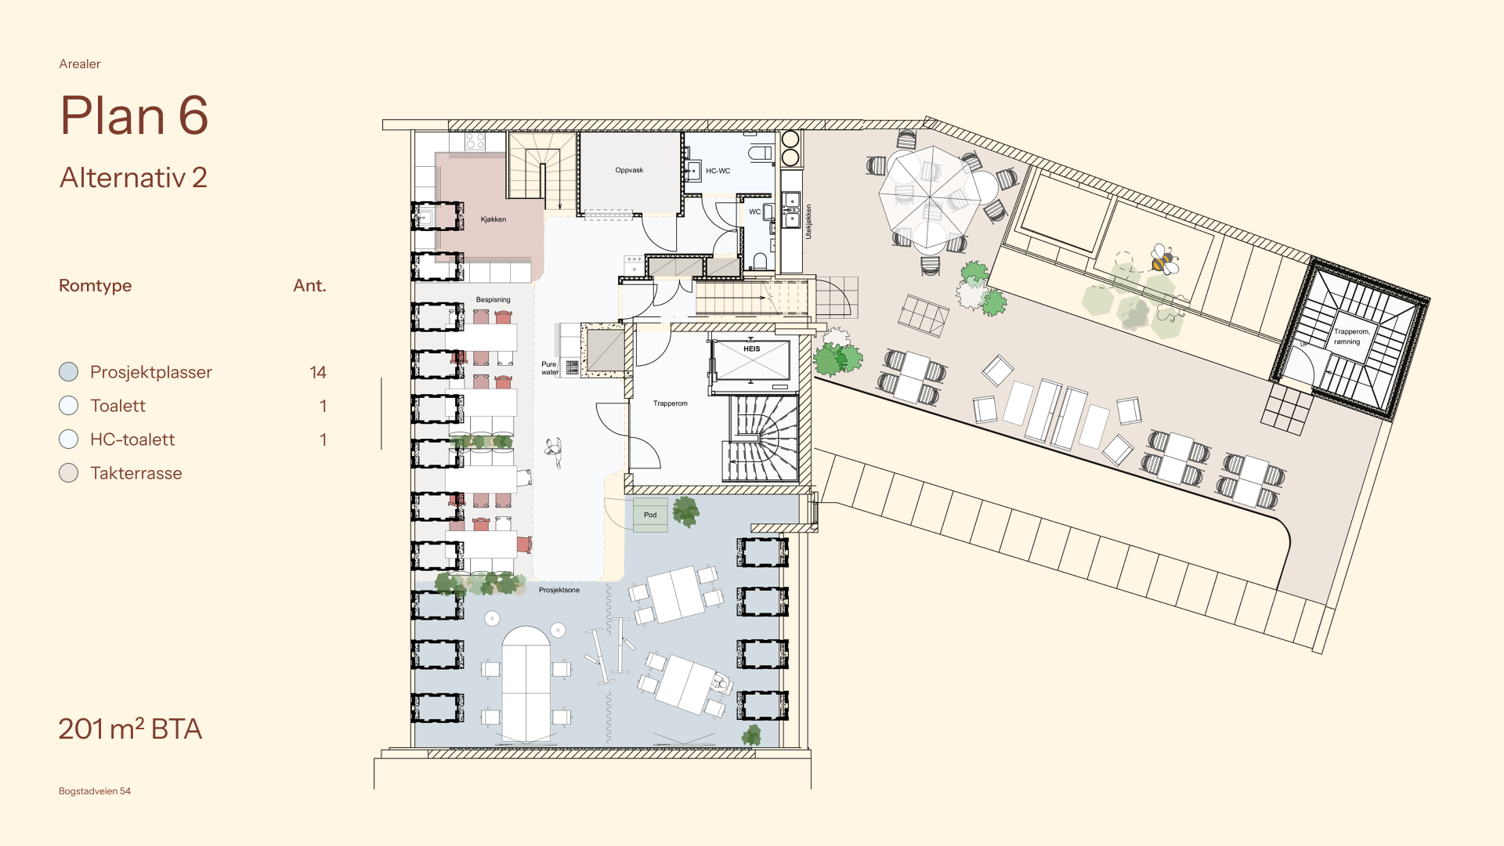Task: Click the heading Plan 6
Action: [134, 115]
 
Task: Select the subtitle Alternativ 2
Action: [133, 178]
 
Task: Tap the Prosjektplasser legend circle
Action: [69, 372]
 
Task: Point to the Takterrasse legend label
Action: [136, 473]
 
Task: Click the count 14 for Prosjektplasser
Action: [317, 372]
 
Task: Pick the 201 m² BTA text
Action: [130, 728]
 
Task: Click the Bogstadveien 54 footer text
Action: [95, 791]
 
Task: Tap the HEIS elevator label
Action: [752, 349]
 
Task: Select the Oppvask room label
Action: [629, 170]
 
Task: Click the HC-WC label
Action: [718, 171]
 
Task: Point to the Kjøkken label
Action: [493, 219]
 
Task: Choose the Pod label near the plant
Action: [650, 515]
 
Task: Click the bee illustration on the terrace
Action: [1164, 259]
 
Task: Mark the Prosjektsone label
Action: [559, 590]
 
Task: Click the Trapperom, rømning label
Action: [1351, 337]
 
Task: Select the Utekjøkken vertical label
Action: [808, 222]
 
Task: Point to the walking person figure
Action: [555, 452]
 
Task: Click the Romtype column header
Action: [95, 286]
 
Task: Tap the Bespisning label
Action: [493, 300]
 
